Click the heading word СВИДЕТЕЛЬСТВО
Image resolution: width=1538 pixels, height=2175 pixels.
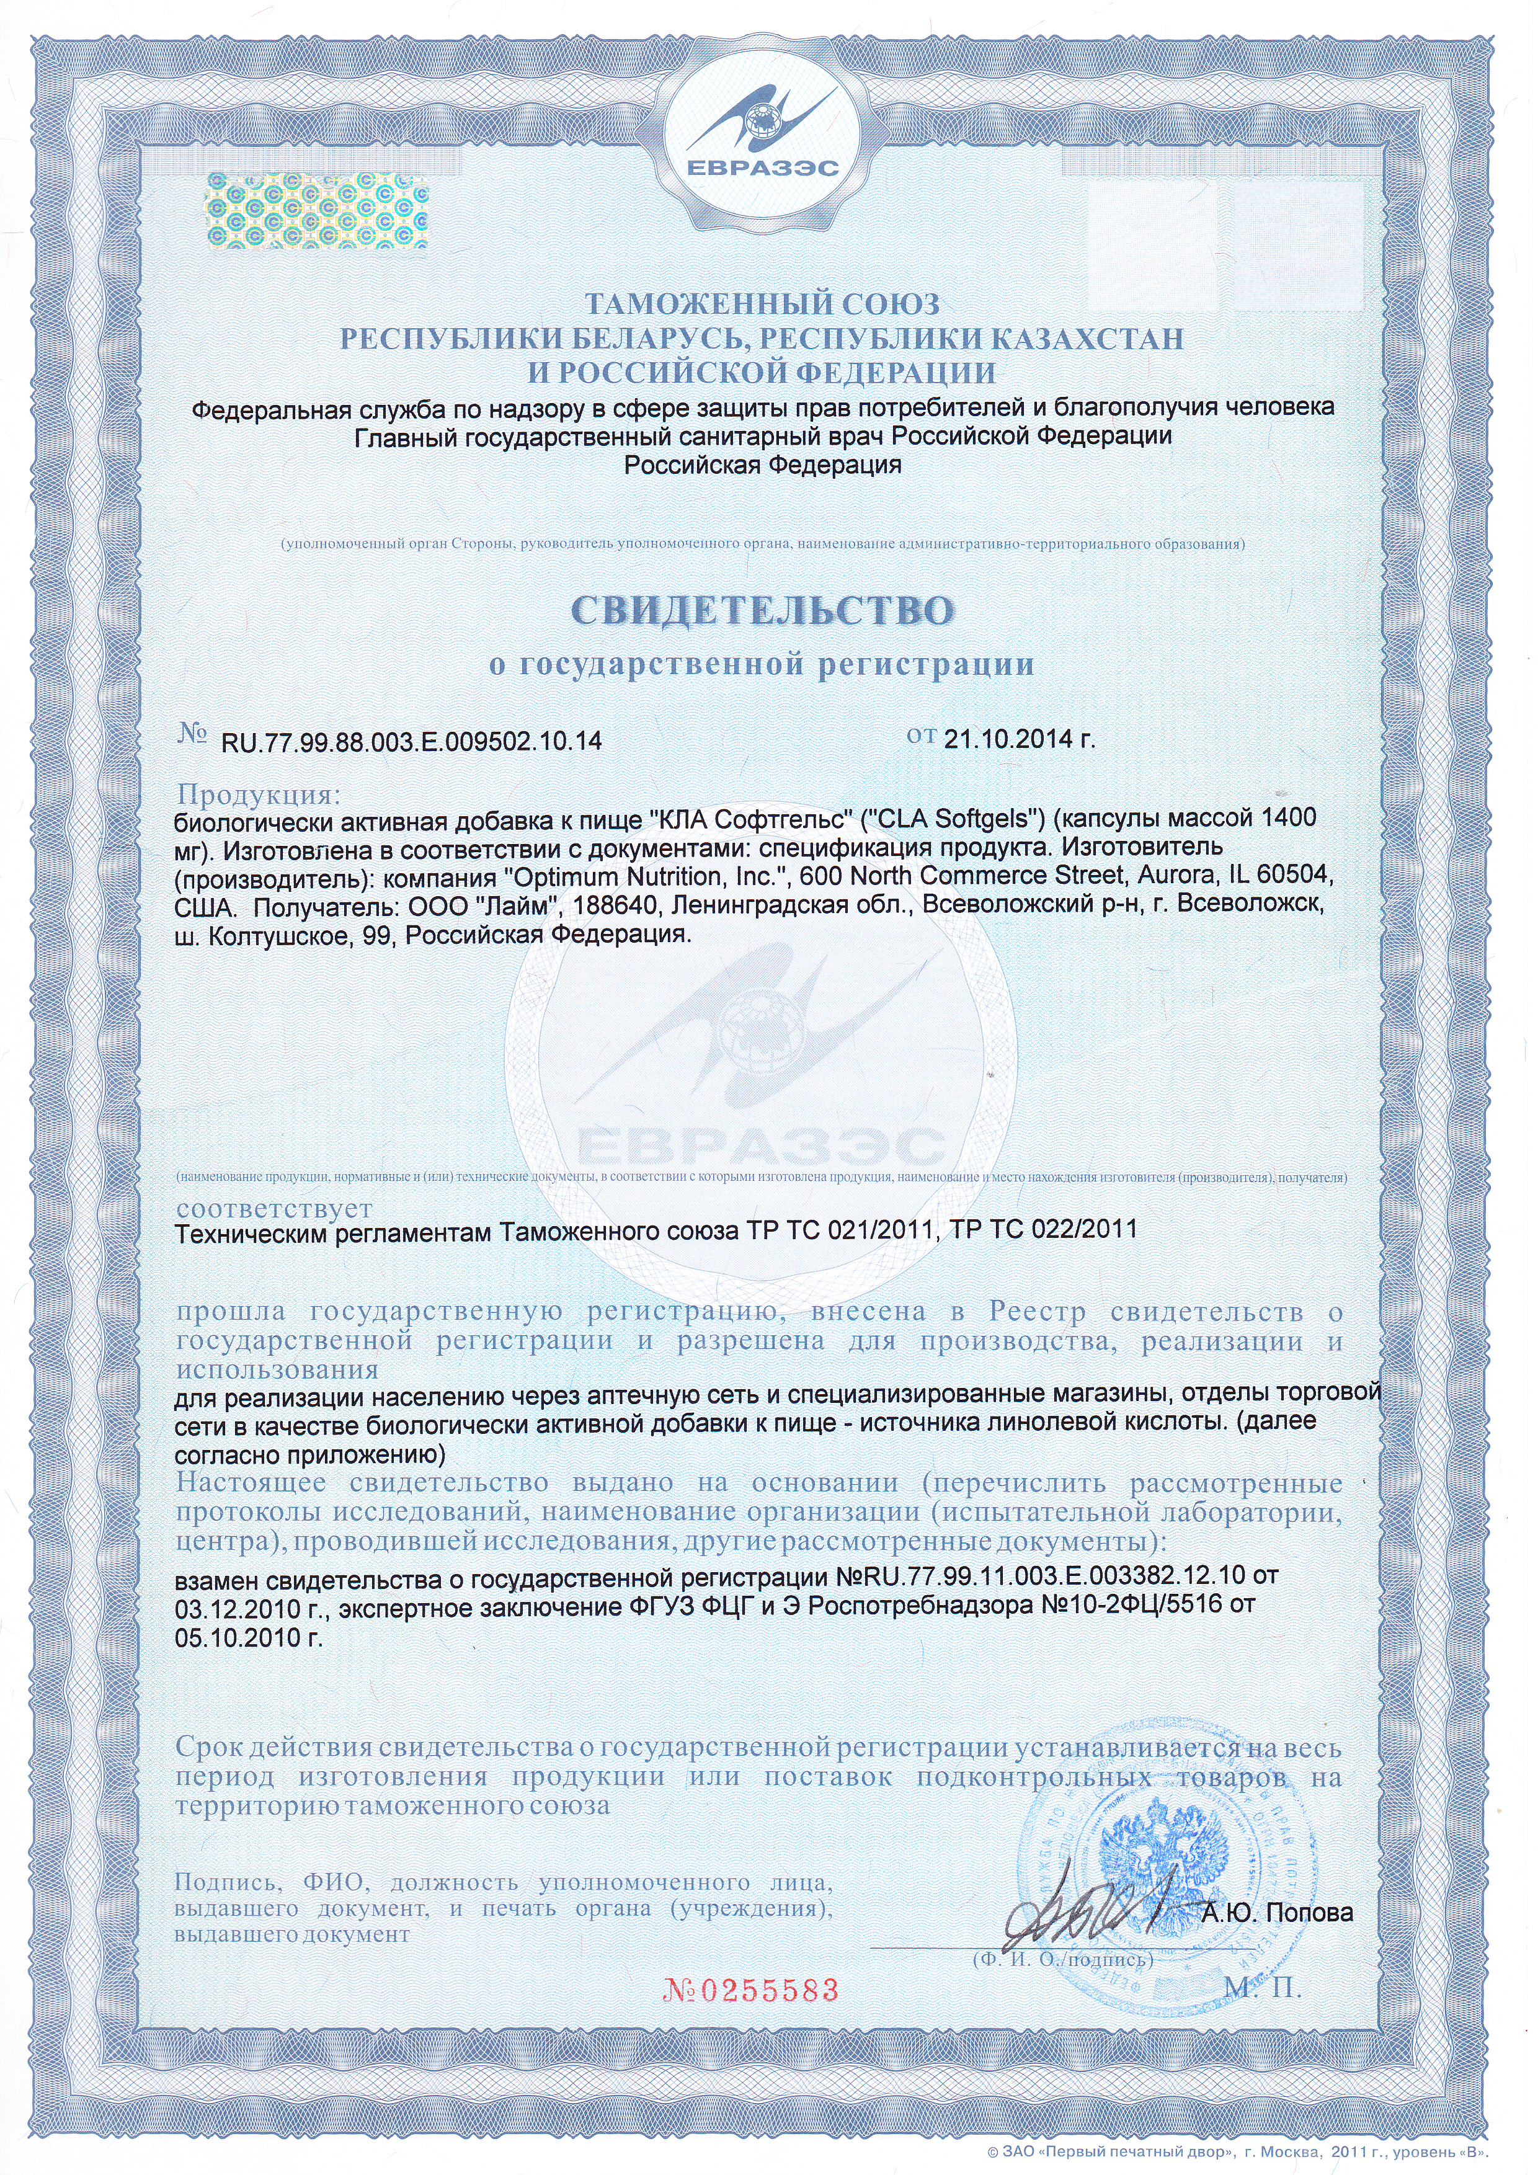[762, 611]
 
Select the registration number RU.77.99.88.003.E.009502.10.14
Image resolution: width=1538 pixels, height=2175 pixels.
[411, 741]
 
